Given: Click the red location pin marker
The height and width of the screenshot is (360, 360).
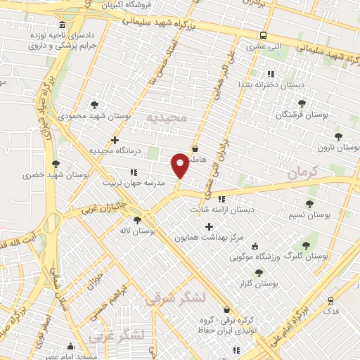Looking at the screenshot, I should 180,165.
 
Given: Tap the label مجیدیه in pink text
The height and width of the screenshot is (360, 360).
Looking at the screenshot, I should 167,115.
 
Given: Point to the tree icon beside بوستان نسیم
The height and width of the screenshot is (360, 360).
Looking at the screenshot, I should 309,204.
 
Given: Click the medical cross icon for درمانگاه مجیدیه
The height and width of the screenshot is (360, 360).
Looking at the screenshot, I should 115,141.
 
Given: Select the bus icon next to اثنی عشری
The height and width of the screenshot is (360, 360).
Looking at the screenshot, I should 263,35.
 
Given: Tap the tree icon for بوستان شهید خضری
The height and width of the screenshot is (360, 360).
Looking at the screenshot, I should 56,164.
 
